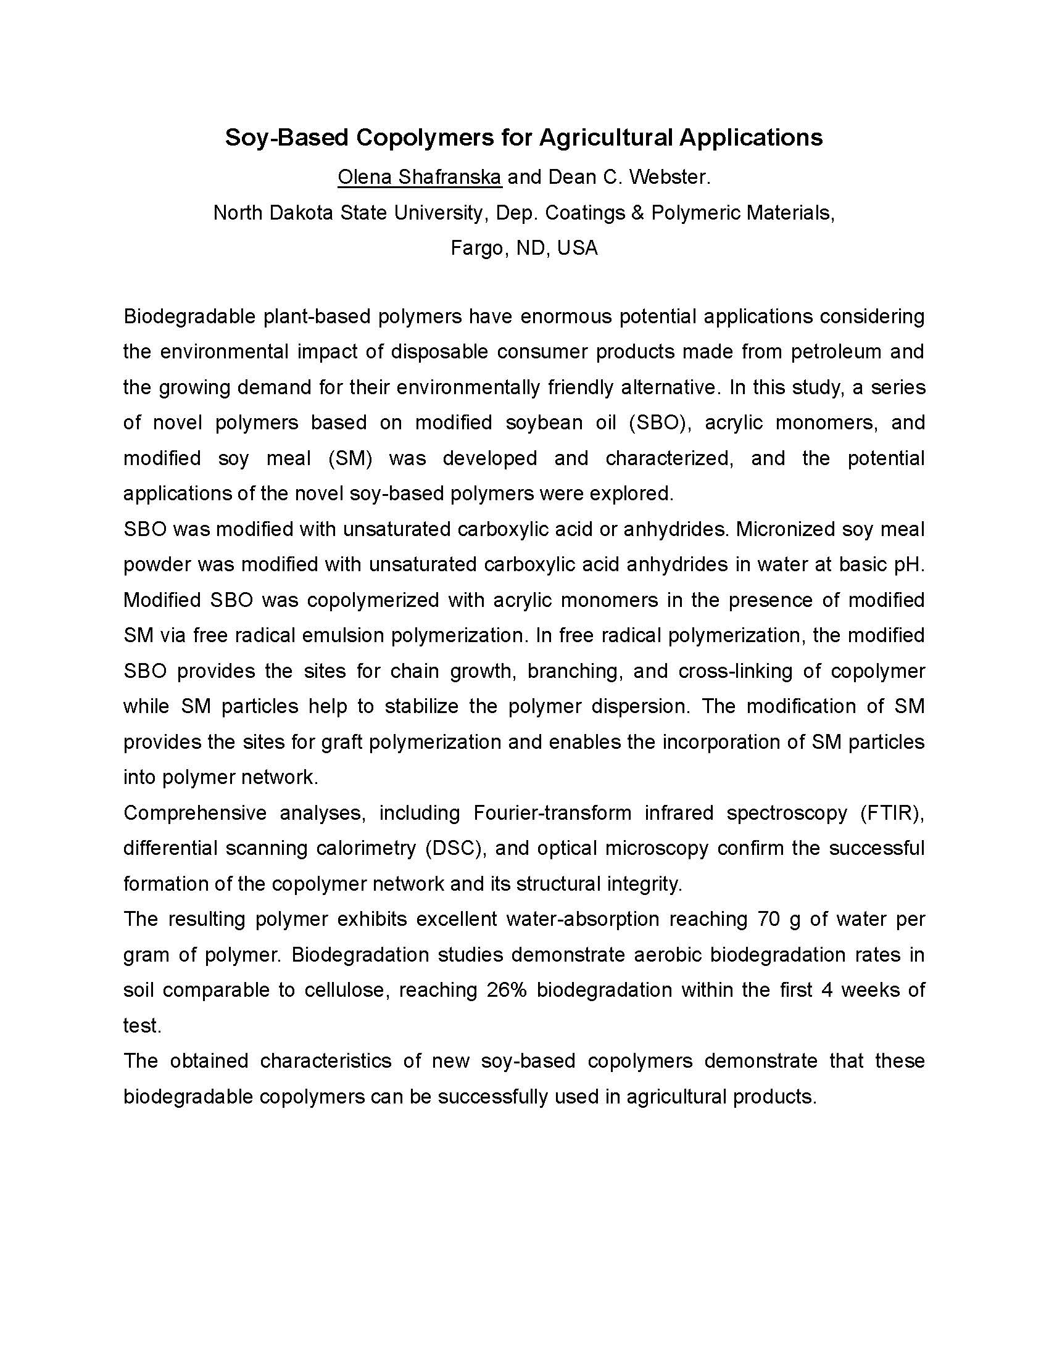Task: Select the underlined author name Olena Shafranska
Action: click(x=420, y=178)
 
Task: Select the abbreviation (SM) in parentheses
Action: click(x=350, y=458)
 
